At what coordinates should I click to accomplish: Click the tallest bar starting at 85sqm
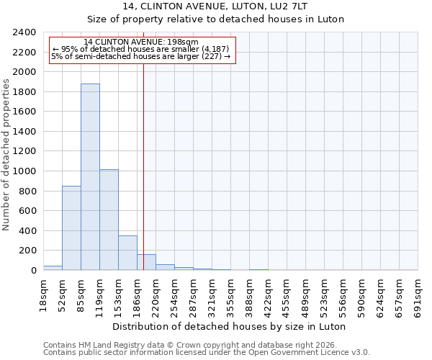tap(90, 176)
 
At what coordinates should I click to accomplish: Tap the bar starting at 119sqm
tap(109, 220)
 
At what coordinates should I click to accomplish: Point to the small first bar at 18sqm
tap(53, 268)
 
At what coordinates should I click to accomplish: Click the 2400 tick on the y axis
tap(24, 32)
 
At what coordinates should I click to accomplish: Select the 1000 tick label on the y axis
tap(24, 171)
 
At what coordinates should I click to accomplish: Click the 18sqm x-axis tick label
tap(43, 293)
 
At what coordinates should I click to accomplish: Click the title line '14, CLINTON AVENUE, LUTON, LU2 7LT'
tap(215, 6)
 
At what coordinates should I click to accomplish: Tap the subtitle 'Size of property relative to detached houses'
tap(215, 19)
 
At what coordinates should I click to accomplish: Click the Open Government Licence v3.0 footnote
tap(207, 353)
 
